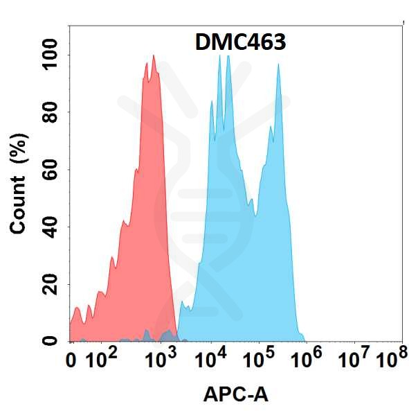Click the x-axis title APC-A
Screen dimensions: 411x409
coord(235,394)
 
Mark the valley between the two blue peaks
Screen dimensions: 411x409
coord(255,215)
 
